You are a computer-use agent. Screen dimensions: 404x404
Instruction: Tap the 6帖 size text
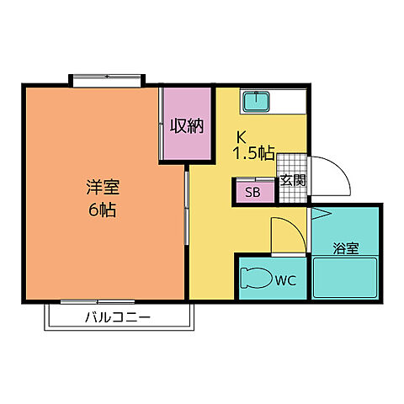point(101,210)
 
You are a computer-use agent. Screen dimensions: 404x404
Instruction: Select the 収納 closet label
point(187,126)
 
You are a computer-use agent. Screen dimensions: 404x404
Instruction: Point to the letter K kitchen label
point(240,136)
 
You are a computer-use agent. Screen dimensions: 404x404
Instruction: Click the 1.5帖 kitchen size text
point(253,153)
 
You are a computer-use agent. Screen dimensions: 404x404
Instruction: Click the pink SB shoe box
point(252,191)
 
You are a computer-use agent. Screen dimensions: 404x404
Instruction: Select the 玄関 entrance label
point(293,180)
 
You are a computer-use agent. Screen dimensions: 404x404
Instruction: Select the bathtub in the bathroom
point(346,278)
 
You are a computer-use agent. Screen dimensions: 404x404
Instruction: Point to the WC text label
point(287,281)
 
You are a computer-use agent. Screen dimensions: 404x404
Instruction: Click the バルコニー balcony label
point(117,318)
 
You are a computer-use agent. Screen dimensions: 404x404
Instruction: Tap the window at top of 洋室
point(108,81)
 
